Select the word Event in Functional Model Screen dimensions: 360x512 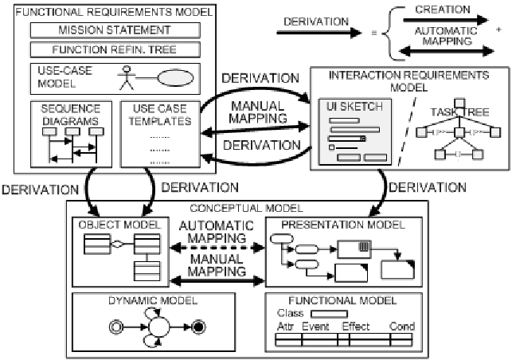click(x=315, y=327)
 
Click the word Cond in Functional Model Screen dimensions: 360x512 click(x=402, y=327)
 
